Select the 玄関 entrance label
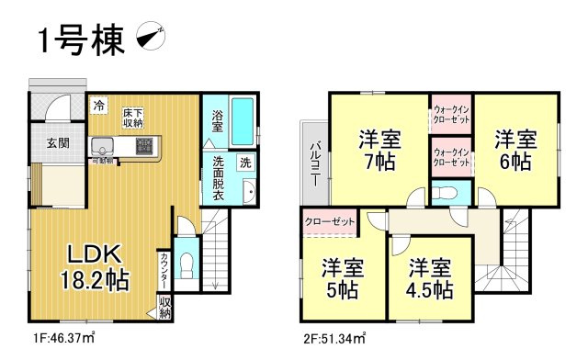click(51, 143)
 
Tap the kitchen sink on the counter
click(101, 145)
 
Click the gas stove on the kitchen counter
click(145, 145)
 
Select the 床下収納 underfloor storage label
click(132, 118)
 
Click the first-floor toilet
click(186, 263)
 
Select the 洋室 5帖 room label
click(341, 279)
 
